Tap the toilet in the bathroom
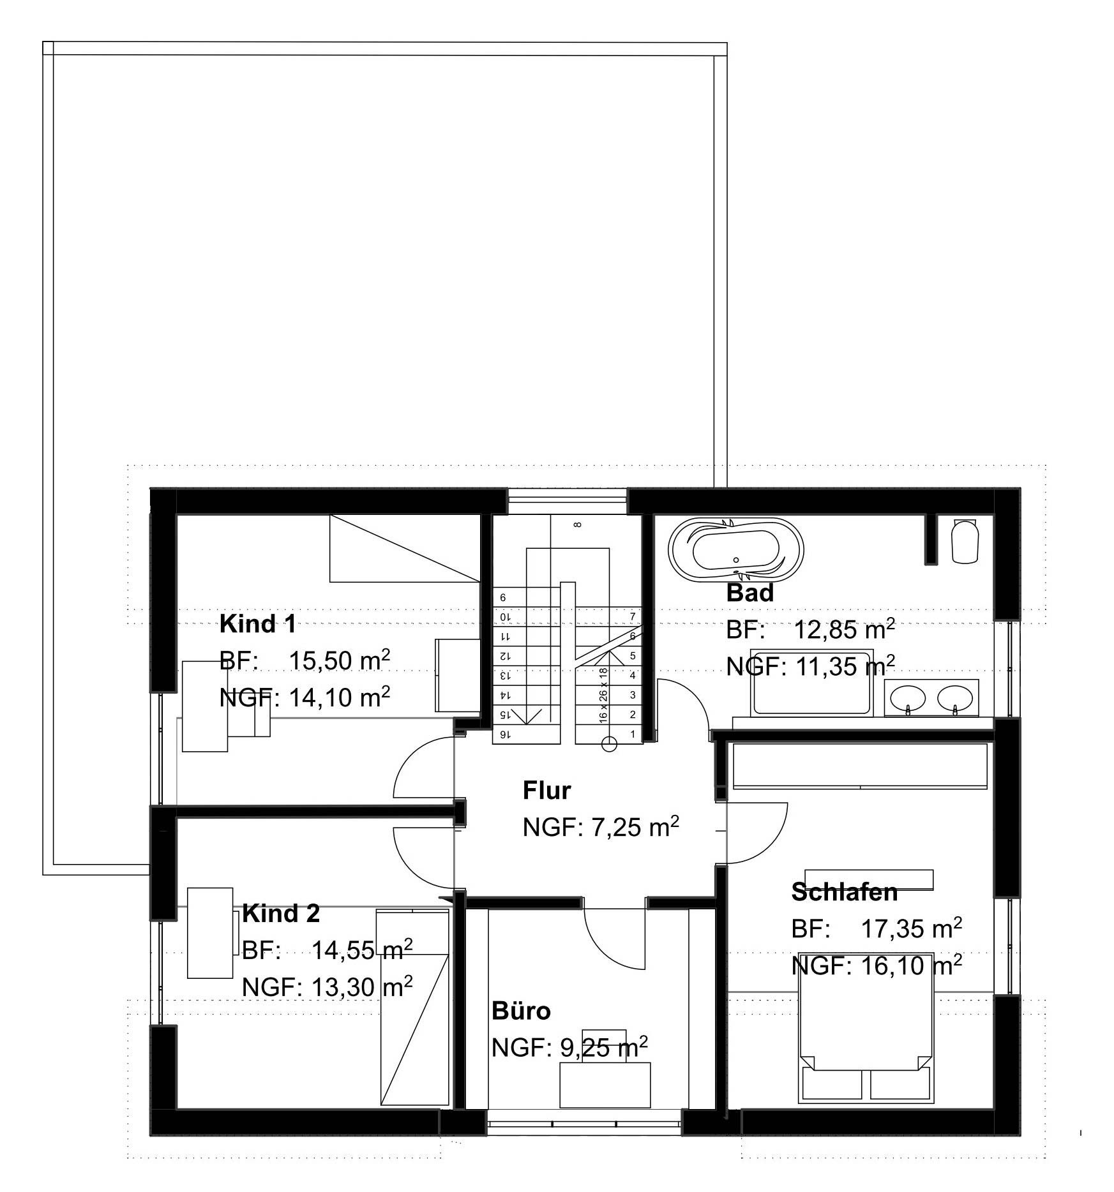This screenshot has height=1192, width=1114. (x=965, y=540)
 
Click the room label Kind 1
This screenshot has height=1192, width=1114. (x=258, y=623)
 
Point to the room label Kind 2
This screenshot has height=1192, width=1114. (x=281, y=914)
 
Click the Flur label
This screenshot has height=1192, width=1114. (x=546, y=791)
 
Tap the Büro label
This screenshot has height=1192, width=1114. (x=521, y=1011)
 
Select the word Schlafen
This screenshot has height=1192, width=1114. (x=845, y=892)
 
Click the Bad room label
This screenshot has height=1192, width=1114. (x=750, y=593)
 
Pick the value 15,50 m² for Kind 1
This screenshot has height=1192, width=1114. (x=340, y=660)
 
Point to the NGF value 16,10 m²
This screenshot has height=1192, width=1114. (x=912, y=965)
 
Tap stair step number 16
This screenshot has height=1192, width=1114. (x=504, y=734)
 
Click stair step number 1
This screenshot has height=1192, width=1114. (x=633, y=734)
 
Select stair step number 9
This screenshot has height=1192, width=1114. (x=503, y=598)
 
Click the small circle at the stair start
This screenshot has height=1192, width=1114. (x=610, y=743)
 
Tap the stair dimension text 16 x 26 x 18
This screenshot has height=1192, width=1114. (x=603, y=695)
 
